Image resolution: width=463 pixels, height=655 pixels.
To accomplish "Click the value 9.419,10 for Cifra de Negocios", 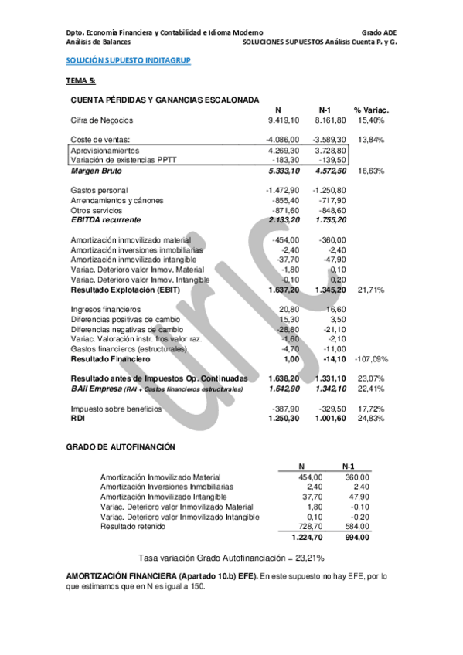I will click(284, 120).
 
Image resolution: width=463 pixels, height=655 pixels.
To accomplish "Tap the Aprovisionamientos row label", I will click(109, 150).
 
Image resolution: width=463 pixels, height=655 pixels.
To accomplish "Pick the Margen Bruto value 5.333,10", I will click(284, 171).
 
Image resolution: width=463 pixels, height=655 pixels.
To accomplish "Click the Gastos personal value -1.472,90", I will click(283, 190).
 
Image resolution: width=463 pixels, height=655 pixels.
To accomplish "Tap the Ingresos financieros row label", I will click(108, 309).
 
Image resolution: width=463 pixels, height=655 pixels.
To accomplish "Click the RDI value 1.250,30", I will click(284, 418).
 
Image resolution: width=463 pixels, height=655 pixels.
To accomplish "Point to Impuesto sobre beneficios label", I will click(116, 409).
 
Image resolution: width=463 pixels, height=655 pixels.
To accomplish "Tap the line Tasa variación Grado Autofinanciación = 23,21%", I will click(230, 558).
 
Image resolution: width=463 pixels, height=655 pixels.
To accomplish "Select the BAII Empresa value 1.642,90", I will click(284, 389).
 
